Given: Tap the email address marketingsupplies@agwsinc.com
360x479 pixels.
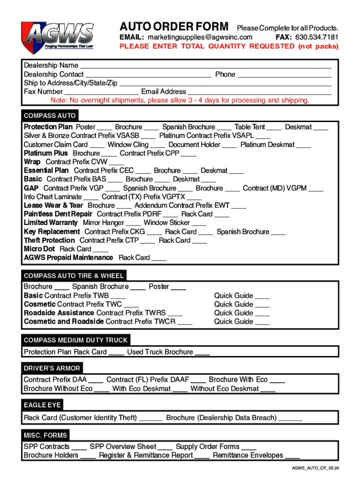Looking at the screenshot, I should coord(200,37).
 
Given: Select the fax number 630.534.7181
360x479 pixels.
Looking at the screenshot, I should coord(317,37).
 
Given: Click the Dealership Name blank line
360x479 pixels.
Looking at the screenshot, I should coord(206,66).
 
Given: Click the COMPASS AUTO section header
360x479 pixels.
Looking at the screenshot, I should coord(50,116).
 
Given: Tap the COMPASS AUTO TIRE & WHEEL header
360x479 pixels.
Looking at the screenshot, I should coord(73,276).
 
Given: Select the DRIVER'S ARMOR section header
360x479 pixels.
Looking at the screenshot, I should coord(52,368).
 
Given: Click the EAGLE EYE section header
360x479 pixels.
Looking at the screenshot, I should coord(42,405).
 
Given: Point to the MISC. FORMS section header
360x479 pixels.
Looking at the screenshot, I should coord(45,435).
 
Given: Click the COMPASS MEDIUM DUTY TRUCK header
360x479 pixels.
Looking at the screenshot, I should coord(75,340).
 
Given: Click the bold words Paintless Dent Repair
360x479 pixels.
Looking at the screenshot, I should coord(58,214).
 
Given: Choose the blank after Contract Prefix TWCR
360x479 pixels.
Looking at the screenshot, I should coord(185,322).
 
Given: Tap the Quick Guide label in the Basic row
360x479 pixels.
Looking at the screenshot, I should coord(233,296).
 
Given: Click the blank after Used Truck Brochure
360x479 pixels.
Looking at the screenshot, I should coord(202,353).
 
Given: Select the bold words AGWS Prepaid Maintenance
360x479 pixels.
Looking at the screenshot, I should coord(68,258).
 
